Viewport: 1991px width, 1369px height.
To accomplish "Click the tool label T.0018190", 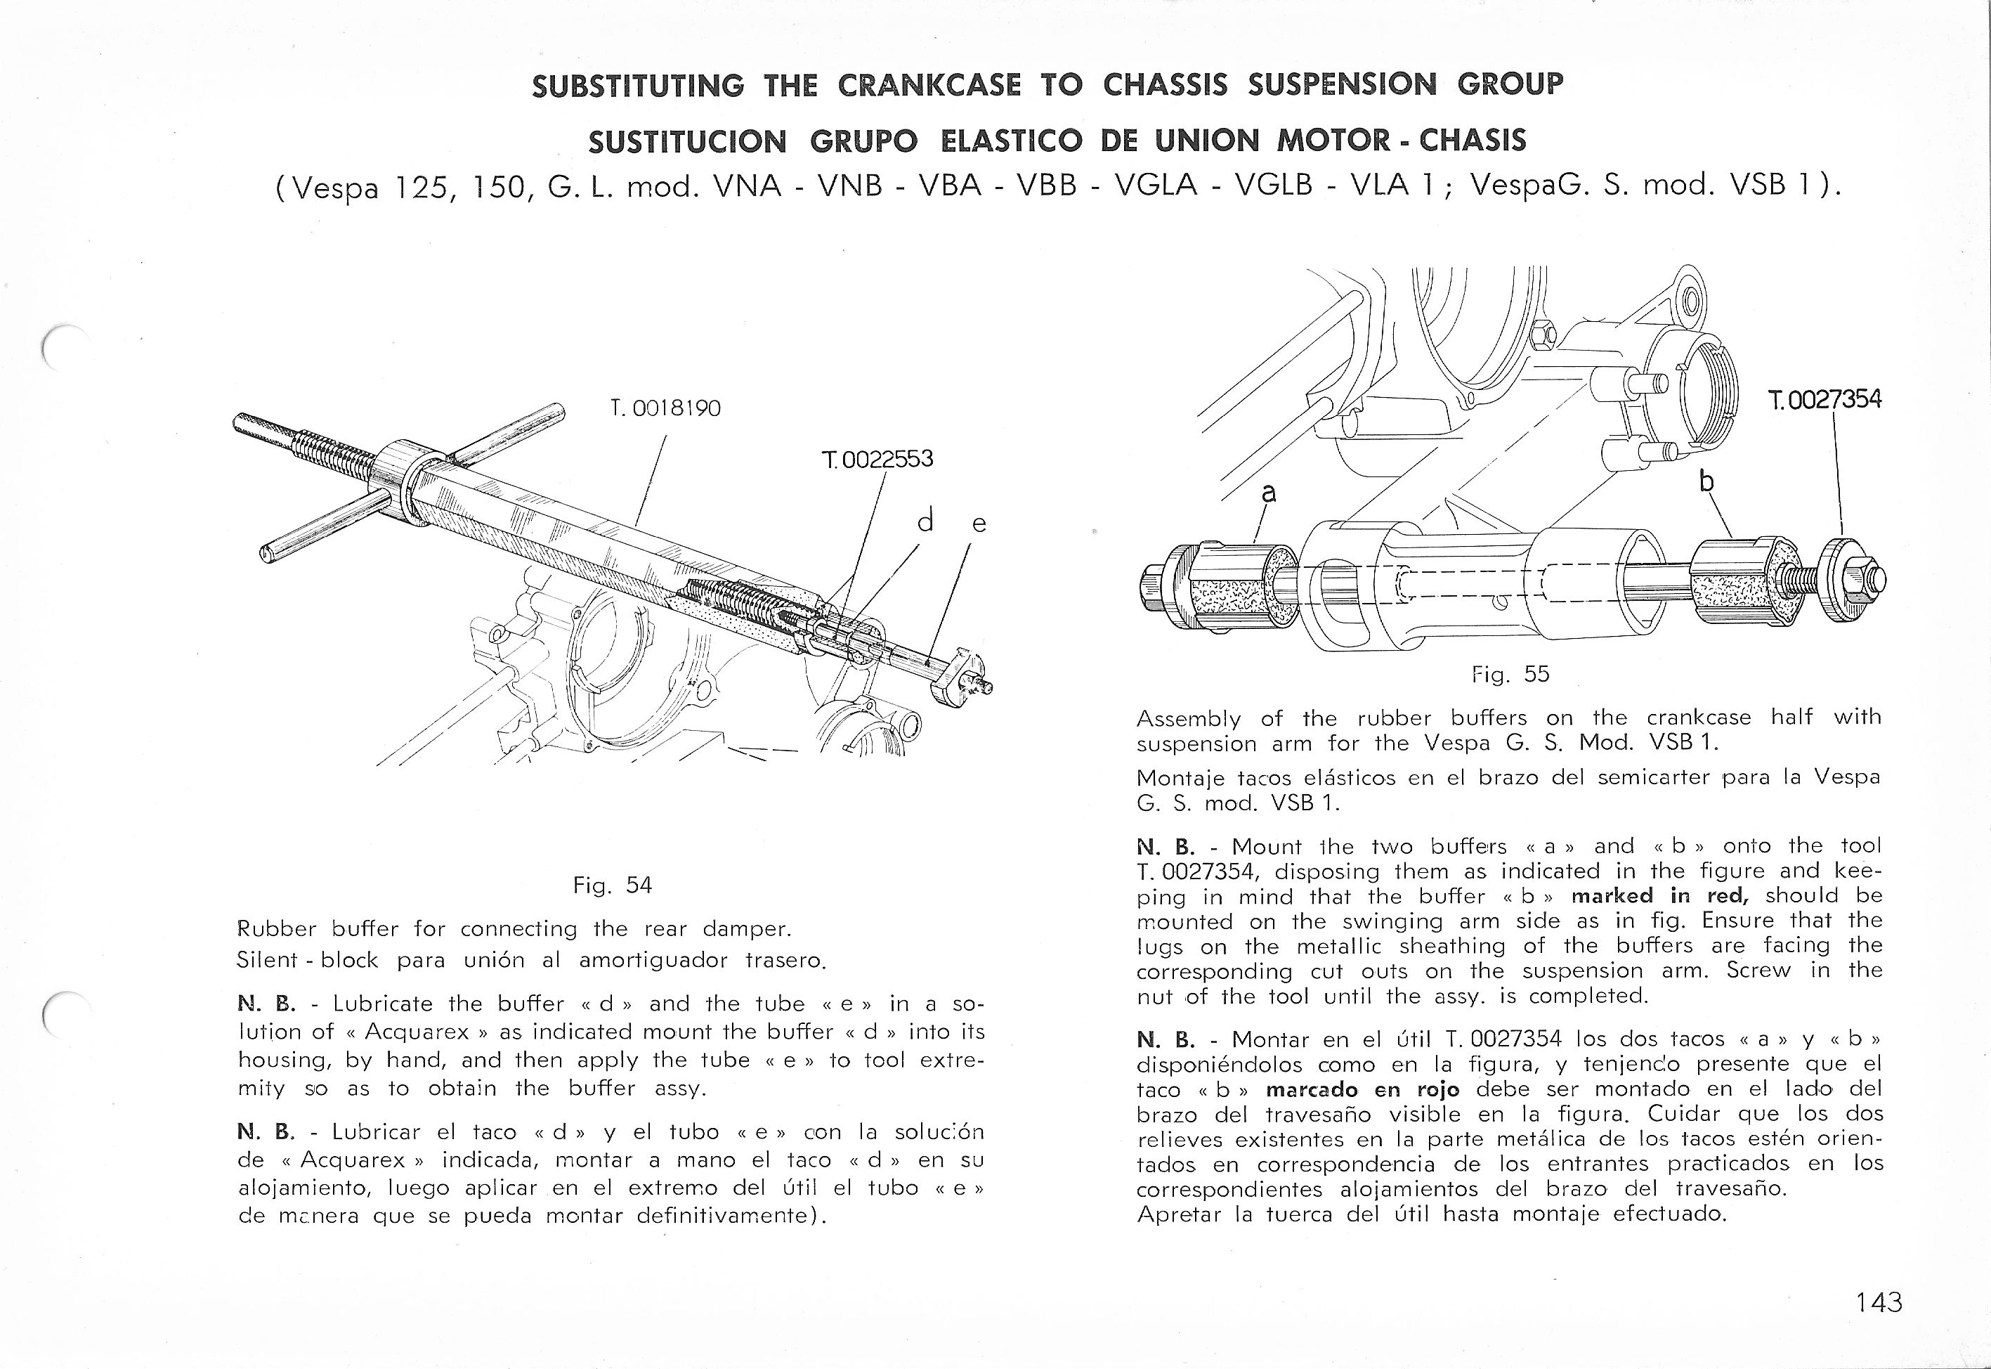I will tap(665, 409).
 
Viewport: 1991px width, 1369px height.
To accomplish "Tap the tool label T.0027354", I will tap(1824, 400).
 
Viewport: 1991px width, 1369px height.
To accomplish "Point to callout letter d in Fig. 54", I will tap(925, 521).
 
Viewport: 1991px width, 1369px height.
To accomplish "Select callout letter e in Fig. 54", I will tap(979, 524).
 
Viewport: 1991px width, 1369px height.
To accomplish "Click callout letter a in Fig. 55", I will tap(1269, 493).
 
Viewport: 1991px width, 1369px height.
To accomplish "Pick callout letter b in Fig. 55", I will tap(1706, 483).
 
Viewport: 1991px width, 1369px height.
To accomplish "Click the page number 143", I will tap(1878, 1302).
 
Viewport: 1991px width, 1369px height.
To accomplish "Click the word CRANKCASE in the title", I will tap(929, 85).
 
